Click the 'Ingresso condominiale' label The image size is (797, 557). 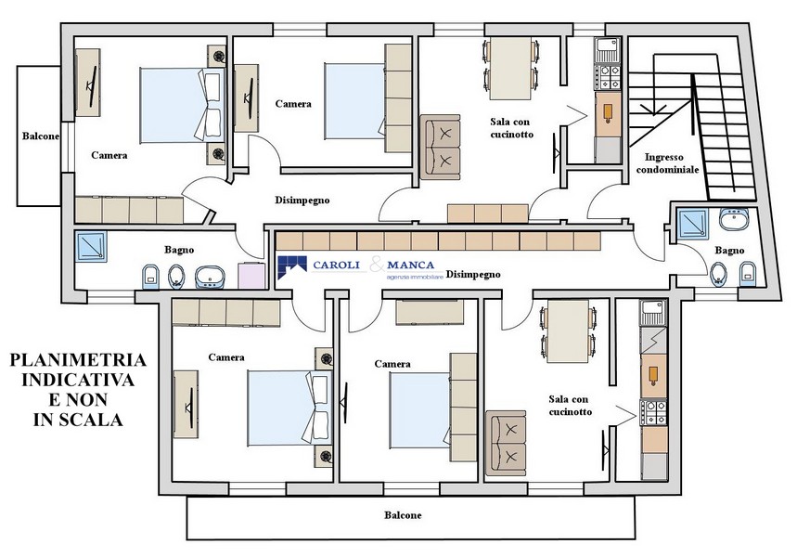pyautogui.click(x=667, y=163)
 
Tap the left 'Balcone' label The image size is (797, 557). pyautogui.click(x=41, y=136)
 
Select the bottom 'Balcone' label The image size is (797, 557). pyautogui.click(x=403, y=515)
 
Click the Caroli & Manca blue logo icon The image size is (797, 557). pyautogui.click(x=292, y=267)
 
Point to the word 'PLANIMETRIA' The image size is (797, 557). pyautogui.click(x=78, y=360)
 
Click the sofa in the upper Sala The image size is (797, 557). pyautogui.click(x=440, y=147)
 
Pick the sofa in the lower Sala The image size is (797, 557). pyautogui.click(x=506, y=444)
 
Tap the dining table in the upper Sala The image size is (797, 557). pyautogui.click(x=511, y=68)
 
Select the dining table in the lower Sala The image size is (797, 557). pyautogui.click(x=568, y=331)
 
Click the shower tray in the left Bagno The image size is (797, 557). pyautogui.click(x=91, y=247)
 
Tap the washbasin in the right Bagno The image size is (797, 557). pyautogui.click(x=734, y=219)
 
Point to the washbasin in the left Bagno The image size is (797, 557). pyautogui.click(x=210, y=277)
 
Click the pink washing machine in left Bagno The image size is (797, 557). pyautogui.click(x=251, y=275)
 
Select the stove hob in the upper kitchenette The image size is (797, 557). pyautogui.click(x=609, y=77)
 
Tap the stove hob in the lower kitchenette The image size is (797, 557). pyautogui.click(x=654, y=412)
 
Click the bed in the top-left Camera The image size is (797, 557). pyautogui.click(x=183, y=105)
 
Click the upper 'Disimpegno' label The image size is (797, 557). pyautogui.click(x=302, y=201)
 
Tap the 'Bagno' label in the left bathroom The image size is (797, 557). pyautogui.click(x=179, y=250)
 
